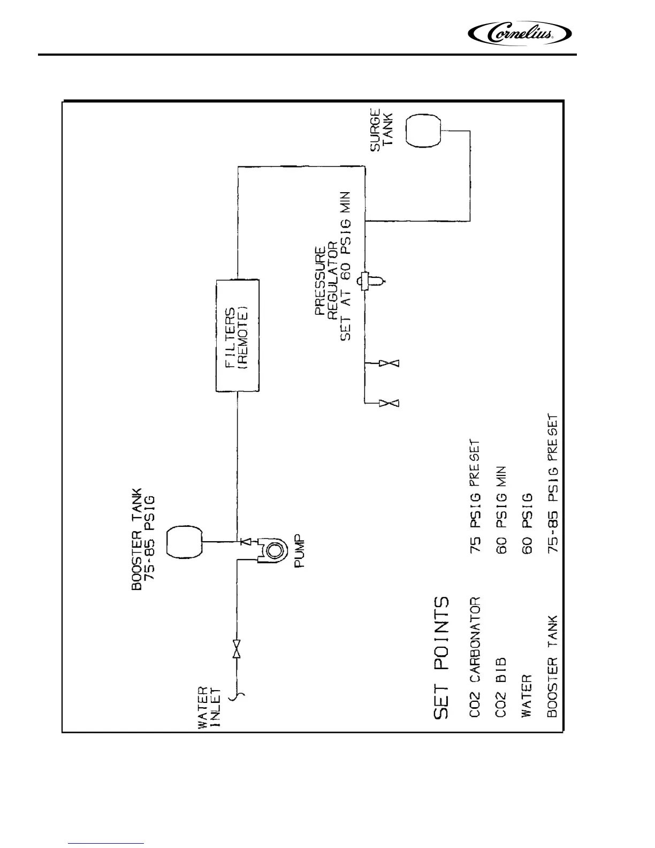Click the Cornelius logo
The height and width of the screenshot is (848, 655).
point(520,34)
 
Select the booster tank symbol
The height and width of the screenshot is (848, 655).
point(185,542)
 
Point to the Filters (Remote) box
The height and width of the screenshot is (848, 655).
point(238,336)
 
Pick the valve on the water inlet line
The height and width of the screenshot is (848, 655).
point(237,649)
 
